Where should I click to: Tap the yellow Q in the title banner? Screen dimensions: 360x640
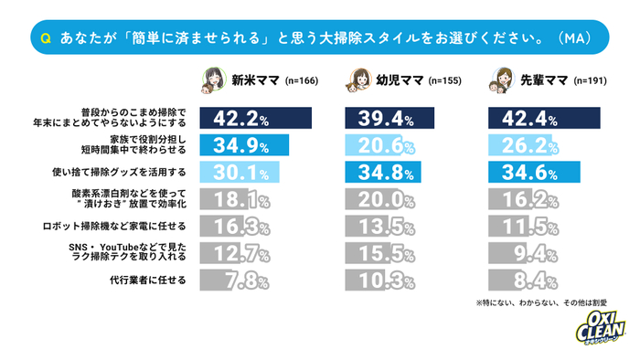tap(46, 38)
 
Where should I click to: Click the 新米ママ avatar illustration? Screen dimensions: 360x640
tap(212, 79)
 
